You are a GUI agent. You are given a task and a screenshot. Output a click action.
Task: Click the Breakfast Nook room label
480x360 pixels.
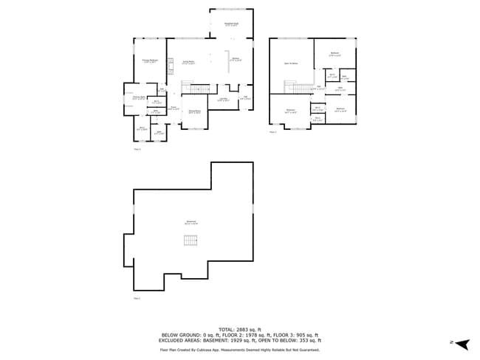[x=231, y=24]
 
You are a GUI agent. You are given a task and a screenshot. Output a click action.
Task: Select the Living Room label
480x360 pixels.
[x=189, y=63]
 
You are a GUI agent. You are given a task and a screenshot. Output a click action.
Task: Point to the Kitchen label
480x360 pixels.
[x=236, y=59]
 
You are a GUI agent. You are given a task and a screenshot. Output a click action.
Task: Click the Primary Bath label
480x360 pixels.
[x=138, y=97]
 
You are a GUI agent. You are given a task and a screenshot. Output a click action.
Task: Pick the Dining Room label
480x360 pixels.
[x=195, y=111]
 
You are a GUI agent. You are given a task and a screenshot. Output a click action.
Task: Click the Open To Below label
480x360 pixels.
[x=291, y=63]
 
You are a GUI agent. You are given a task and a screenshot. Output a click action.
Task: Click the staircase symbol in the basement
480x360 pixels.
[x=191, y=240]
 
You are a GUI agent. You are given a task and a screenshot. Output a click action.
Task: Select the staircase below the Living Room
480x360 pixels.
[x=193, y=89]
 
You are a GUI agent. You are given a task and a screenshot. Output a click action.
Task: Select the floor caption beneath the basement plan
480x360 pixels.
[x=137, y=298]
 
